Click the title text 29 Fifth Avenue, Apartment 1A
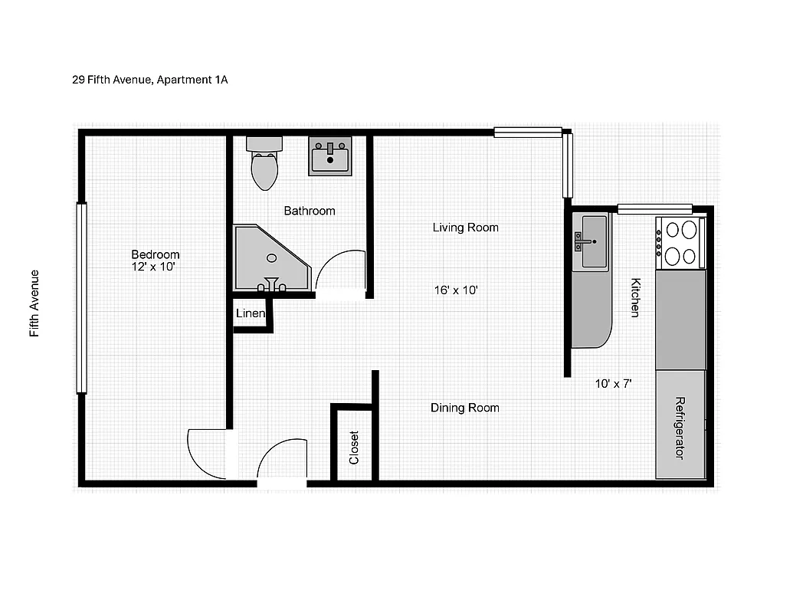coord(150,80)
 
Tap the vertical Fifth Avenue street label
coord(34,303)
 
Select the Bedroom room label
coord(156,254)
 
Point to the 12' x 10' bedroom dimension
coord(155,267)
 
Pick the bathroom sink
coord(330,157)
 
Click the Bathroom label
coord(310,211)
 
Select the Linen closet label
coord(251,313)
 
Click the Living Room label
coord(465,228)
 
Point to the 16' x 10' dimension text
coord(456,290)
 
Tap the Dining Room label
coord(464,408)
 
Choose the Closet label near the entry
coord(354,447)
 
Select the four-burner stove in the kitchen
coord(680,242)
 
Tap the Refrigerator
coord(680,426)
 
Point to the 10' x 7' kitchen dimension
coord(614,384)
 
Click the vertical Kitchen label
coord(634,297)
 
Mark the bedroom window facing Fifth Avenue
coord(81,298)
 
